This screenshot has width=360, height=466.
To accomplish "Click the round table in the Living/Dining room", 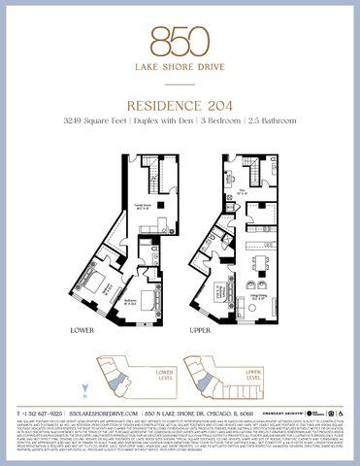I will point(259,261).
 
